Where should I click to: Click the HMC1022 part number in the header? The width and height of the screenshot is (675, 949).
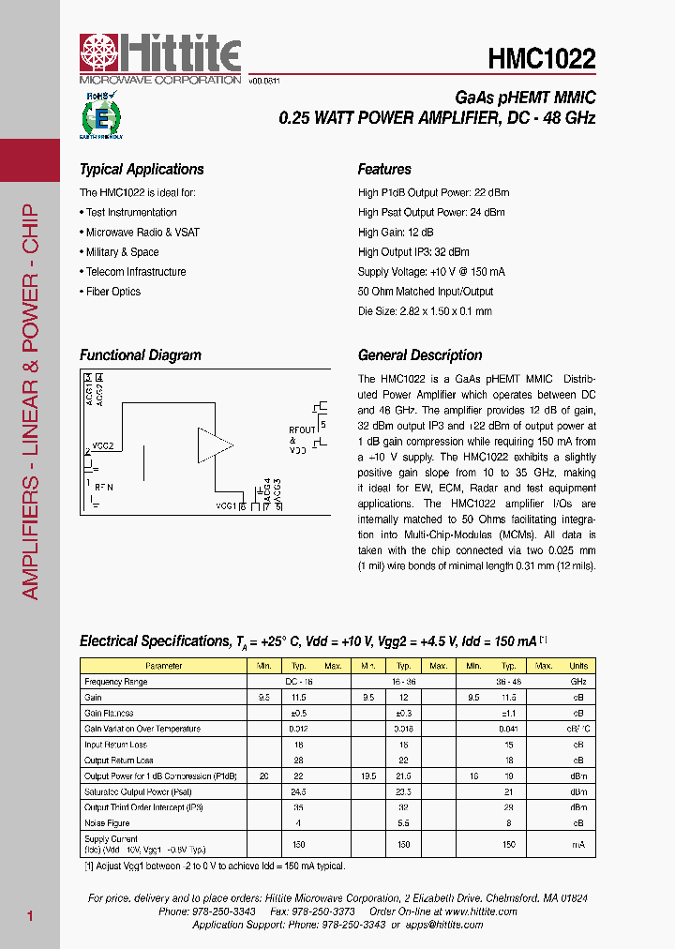point(541,59)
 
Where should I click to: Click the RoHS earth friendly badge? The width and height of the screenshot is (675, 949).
point(100,115)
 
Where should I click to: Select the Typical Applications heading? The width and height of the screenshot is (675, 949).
point(142,170)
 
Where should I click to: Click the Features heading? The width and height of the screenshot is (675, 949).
point(384,170)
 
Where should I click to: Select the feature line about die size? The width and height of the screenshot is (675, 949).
point(425,311)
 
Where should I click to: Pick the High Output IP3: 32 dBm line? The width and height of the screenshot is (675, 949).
point(413,252)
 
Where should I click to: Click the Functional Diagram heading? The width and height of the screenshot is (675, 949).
point(141,355)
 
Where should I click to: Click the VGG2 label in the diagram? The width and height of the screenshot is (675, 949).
point(103,446)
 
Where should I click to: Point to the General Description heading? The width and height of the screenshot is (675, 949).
point(420,355)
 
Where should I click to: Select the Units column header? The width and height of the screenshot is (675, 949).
point(578,666)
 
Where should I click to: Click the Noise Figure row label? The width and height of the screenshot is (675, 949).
point(108,823)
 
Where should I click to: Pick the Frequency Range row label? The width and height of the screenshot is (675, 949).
point(115,682)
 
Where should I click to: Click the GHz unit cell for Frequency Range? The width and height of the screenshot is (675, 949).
point(578,682)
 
